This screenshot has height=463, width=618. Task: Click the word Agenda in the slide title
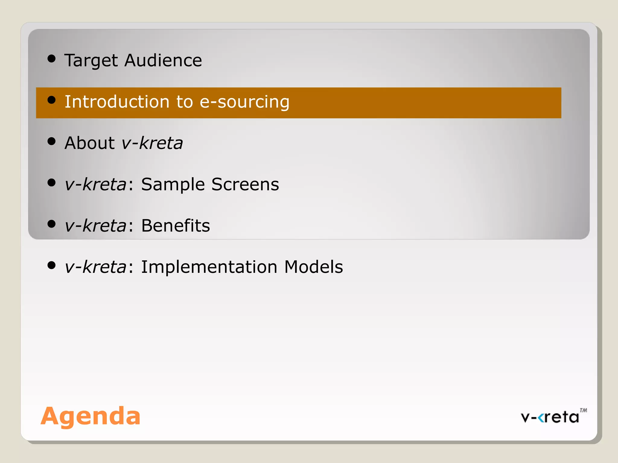[91, 416]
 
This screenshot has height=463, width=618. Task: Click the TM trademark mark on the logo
[583, 410]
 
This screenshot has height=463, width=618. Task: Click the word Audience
[163, 60]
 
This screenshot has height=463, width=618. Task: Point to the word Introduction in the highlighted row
[117, 102]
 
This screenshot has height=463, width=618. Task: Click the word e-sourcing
[244, 102]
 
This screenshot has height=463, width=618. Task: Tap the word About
[90, 143]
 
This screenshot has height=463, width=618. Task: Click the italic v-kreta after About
[152, 143]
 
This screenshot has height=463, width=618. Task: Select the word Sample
[173, 184]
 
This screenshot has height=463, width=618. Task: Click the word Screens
[245, 184]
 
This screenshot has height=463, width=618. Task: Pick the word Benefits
[175, 225]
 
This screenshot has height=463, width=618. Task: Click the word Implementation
[209, 267]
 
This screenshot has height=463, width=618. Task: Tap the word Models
[314, 267]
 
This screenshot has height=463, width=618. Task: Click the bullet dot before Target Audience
[52, 58]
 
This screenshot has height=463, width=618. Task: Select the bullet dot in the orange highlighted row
[52, 100]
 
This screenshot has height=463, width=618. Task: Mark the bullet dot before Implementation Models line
[52, 265]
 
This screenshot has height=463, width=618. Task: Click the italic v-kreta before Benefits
[95, 225]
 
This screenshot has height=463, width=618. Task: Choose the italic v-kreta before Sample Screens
[95, 184]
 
